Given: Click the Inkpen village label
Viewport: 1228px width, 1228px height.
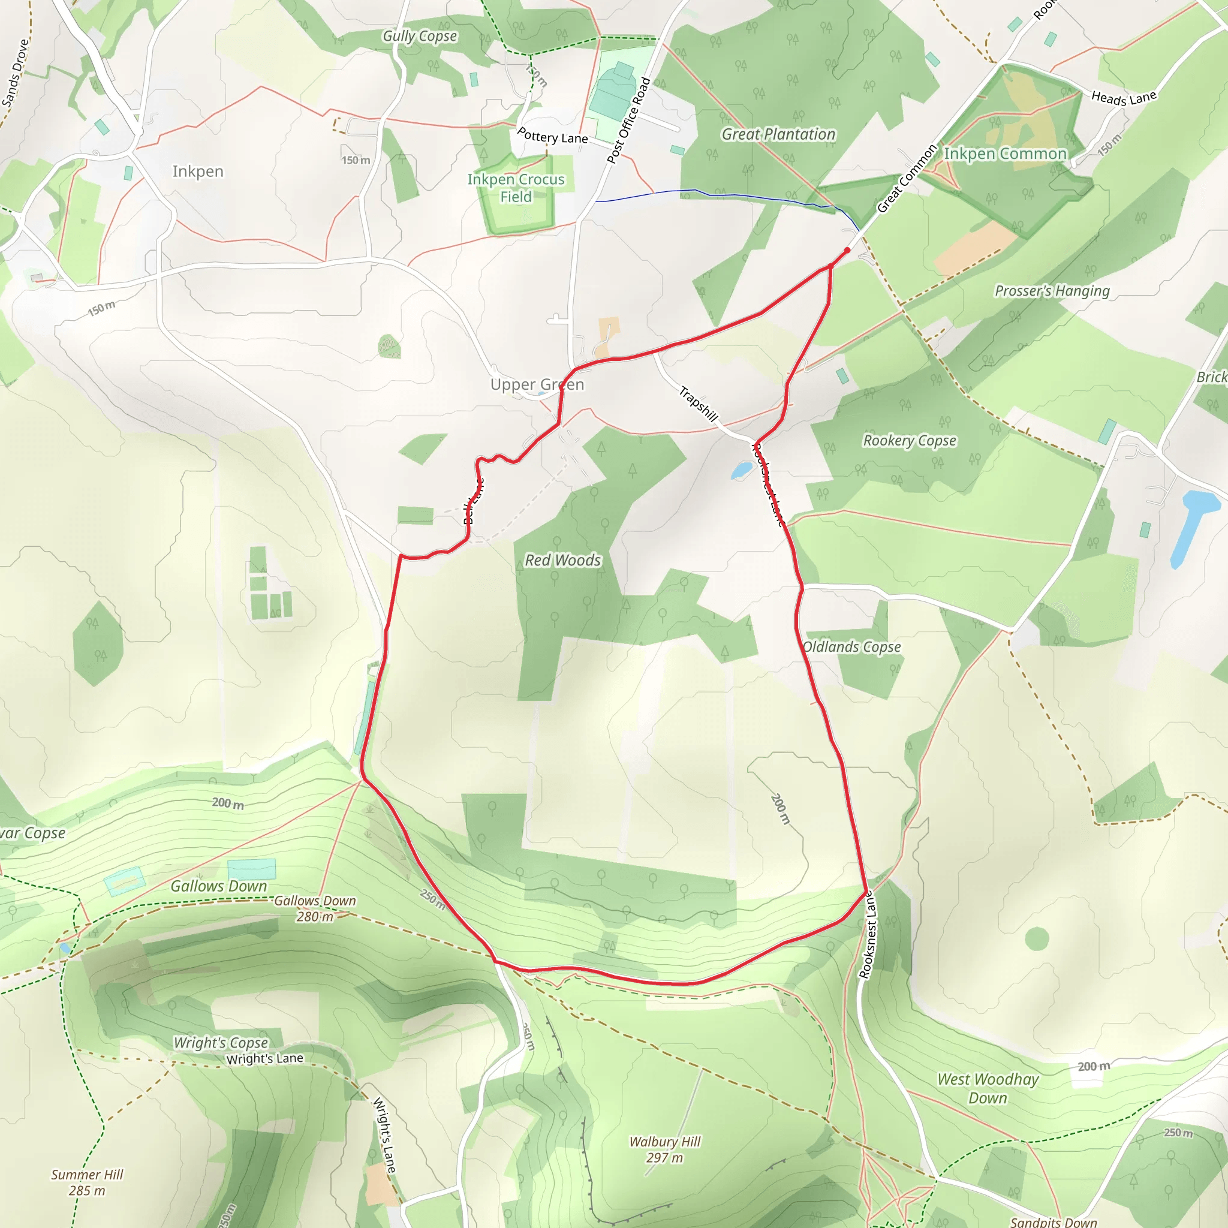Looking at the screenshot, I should click(198, 171).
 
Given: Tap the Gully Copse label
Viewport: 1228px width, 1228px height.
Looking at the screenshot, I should click(420, 36).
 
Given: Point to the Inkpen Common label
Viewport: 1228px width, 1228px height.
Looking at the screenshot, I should click(1005, 154).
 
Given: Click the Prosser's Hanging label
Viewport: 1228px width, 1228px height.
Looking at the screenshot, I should click(1052, 291).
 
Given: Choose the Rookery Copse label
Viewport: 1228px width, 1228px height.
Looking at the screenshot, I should click(909, 441).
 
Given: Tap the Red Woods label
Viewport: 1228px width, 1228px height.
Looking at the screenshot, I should click(562, 560).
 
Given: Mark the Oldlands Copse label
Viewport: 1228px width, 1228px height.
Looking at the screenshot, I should click(851, 646).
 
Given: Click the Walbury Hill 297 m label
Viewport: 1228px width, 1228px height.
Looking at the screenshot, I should click(665, 1149).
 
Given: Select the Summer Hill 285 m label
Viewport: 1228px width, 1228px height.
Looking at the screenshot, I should click(87, 1182).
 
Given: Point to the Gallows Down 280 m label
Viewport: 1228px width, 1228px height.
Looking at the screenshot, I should click(315, 908).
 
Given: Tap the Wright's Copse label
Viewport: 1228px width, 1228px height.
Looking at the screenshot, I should click(221, 1042).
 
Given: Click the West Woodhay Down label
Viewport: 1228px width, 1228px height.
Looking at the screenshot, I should click(988, 1088).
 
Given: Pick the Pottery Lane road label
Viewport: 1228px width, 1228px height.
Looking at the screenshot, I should click(552, 136).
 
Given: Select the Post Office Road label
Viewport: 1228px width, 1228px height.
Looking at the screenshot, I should click(628, 120).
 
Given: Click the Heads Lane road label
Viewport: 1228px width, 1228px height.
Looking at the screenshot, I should click(1123, 98).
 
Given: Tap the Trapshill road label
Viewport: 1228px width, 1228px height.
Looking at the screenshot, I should click(698, 404).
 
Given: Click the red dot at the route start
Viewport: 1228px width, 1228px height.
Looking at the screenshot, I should click(847, 251).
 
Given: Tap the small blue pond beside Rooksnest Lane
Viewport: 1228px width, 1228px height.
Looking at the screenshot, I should click(741, 471).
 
